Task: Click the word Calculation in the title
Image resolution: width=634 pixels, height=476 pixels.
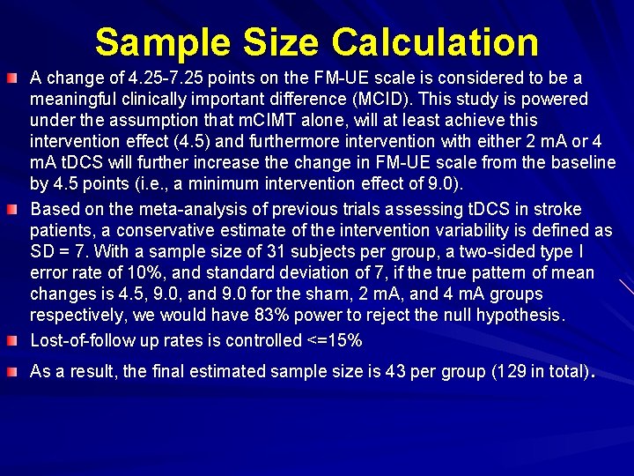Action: pyautogui.click(x=436, y=42)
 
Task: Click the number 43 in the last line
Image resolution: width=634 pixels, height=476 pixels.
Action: pyautogui.click(x=394, y=371)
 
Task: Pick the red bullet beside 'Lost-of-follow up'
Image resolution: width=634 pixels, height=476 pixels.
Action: pyautogui.click(x=15, y=339)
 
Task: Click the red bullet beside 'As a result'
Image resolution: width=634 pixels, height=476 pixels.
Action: pyautogui.click(x=15, y=370)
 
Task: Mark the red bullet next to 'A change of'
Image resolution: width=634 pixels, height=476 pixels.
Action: pyautogui.click(x=15, y=78)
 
